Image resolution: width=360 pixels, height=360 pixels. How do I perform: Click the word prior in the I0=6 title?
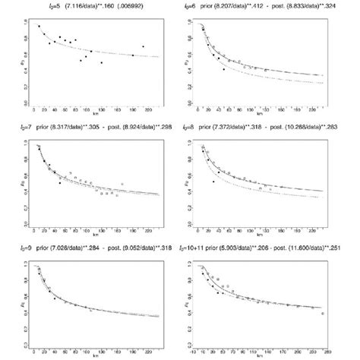[x=219, y=6]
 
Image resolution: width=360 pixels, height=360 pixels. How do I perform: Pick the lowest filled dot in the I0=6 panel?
[x=223, y=69]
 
